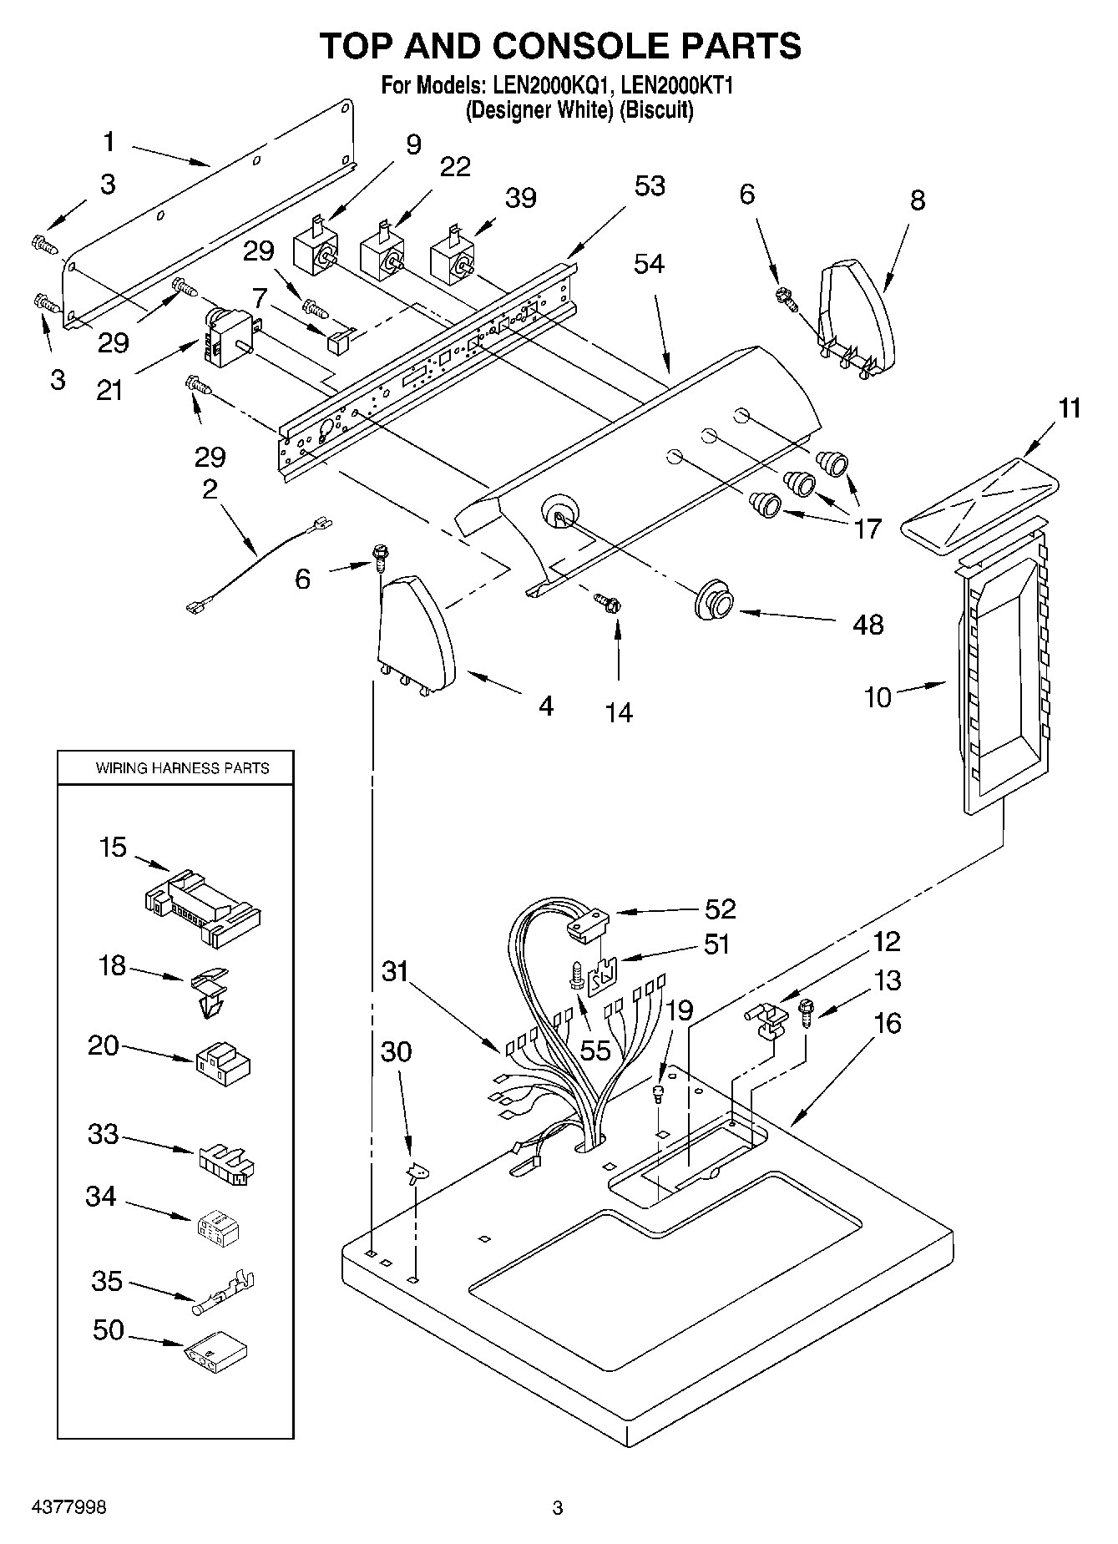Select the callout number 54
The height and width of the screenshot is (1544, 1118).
[649, 263]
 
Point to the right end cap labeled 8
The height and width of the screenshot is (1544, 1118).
[856, 317]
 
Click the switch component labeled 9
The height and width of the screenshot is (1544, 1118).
[316, 251]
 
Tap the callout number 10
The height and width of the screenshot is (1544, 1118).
[878, 696]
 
